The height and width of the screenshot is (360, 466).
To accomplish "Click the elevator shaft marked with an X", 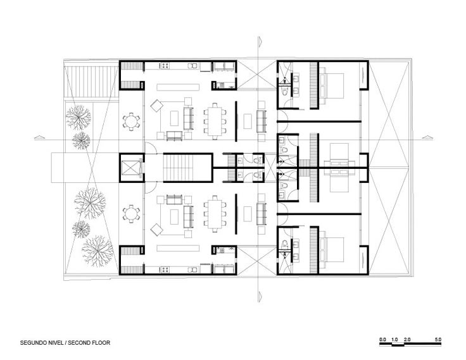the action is tap(132, 168).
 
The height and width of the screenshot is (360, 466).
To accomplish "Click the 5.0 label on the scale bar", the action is tap(438, 340).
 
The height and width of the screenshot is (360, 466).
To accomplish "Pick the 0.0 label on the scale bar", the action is tap(382, 340).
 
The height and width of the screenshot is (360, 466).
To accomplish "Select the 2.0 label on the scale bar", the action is tap(407, 340).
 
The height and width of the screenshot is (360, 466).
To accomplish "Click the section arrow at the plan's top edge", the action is tap(260, 41).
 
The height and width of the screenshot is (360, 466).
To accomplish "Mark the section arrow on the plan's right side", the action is tap(427, 137).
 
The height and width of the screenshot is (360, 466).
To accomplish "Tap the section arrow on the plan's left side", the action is tap(39, 137).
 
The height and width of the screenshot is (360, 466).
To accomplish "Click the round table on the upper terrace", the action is tap(131, 121).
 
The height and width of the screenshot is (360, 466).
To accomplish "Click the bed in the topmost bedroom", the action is tap(331, 86).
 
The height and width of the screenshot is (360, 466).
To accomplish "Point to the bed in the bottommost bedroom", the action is tap(331, 249).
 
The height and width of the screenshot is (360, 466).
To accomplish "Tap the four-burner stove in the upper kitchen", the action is tap(165, 65).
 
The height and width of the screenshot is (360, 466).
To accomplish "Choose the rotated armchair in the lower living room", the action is tap(156, 230).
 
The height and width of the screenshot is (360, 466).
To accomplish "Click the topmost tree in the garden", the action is tap(78, 117).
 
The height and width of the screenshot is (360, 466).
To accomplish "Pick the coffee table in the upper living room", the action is tap(174, 118).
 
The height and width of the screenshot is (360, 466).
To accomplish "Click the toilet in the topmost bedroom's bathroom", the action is tap(284, 92).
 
